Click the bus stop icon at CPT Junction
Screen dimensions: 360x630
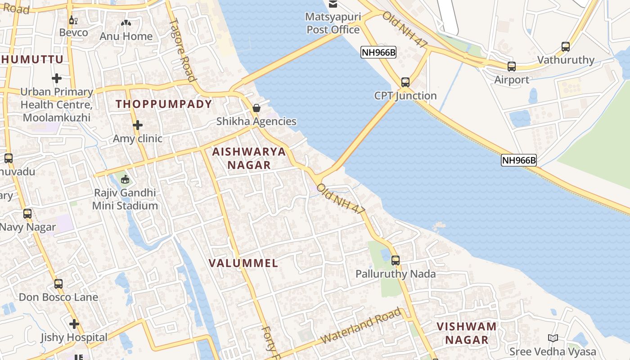(405, 82)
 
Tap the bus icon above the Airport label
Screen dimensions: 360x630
(512, 67)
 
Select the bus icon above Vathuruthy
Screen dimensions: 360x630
(566, 46)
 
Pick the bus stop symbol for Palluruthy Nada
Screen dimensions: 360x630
(396, 260)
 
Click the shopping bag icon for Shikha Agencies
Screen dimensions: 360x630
(256, 108)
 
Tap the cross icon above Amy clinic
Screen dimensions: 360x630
(138, 125)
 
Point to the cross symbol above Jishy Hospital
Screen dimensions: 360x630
(74, 324)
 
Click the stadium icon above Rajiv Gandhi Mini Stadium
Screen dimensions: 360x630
(125, 180)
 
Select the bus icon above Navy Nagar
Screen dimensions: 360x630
(27, 214)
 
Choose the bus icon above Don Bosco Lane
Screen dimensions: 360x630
(58, 284)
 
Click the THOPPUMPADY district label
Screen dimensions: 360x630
(164, 104)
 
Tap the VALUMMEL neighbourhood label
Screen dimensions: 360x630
(243, 263)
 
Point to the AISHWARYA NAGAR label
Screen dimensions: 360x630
(249, 158)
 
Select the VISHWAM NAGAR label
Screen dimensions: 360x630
(467, 333)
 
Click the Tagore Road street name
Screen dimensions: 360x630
(183, 49)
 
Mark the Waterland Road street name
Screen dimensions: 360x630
(362, 326)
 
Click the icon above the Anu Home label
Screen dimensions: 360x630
(126, 22)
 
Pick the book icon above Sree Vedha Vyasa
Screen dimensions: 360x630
(553, 338)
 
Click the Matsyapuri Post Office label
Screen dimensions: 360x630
(333, 23)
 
